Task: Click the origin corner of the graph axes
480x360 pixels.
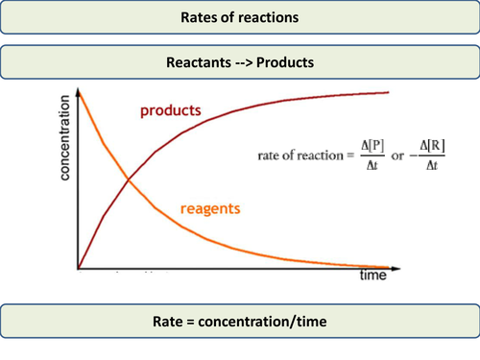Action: click(x=79, y=268)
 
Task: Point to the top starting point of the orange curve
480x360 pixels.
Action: click(x=80, y=89)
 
